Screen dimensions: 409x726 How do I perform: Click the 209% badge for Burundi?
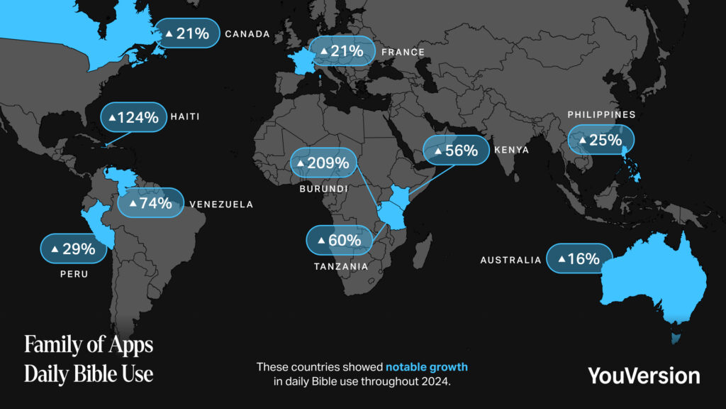point(323,163)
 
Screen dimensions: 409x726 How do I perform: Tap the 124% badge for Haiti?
point(133,118)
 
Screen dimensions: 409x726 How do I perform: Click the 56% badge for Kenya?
point(455,151)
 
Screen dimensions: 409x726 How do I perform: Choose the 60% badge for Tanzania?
point(339,240)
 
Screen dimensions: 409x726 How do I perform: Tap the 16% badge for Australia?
point(579,259)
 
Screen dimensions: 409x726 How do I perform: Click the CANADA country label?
point(247,33)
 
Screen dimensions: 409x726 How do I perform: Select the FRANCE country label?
point(403,52)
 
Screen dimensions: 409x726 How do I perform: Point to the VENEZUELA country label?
point(221,204)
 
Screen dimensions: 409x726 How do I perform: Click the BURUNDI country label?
point(323,189)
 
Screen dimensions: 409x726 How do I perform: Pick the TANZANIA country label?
point(341,267)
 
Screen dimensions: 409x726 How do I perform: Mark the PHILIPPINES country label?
point(602,114)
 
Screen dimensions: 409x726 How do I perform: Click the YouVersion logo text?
point(643,375)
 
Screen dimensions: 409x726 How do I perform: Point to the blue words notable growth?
point(426,367)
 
